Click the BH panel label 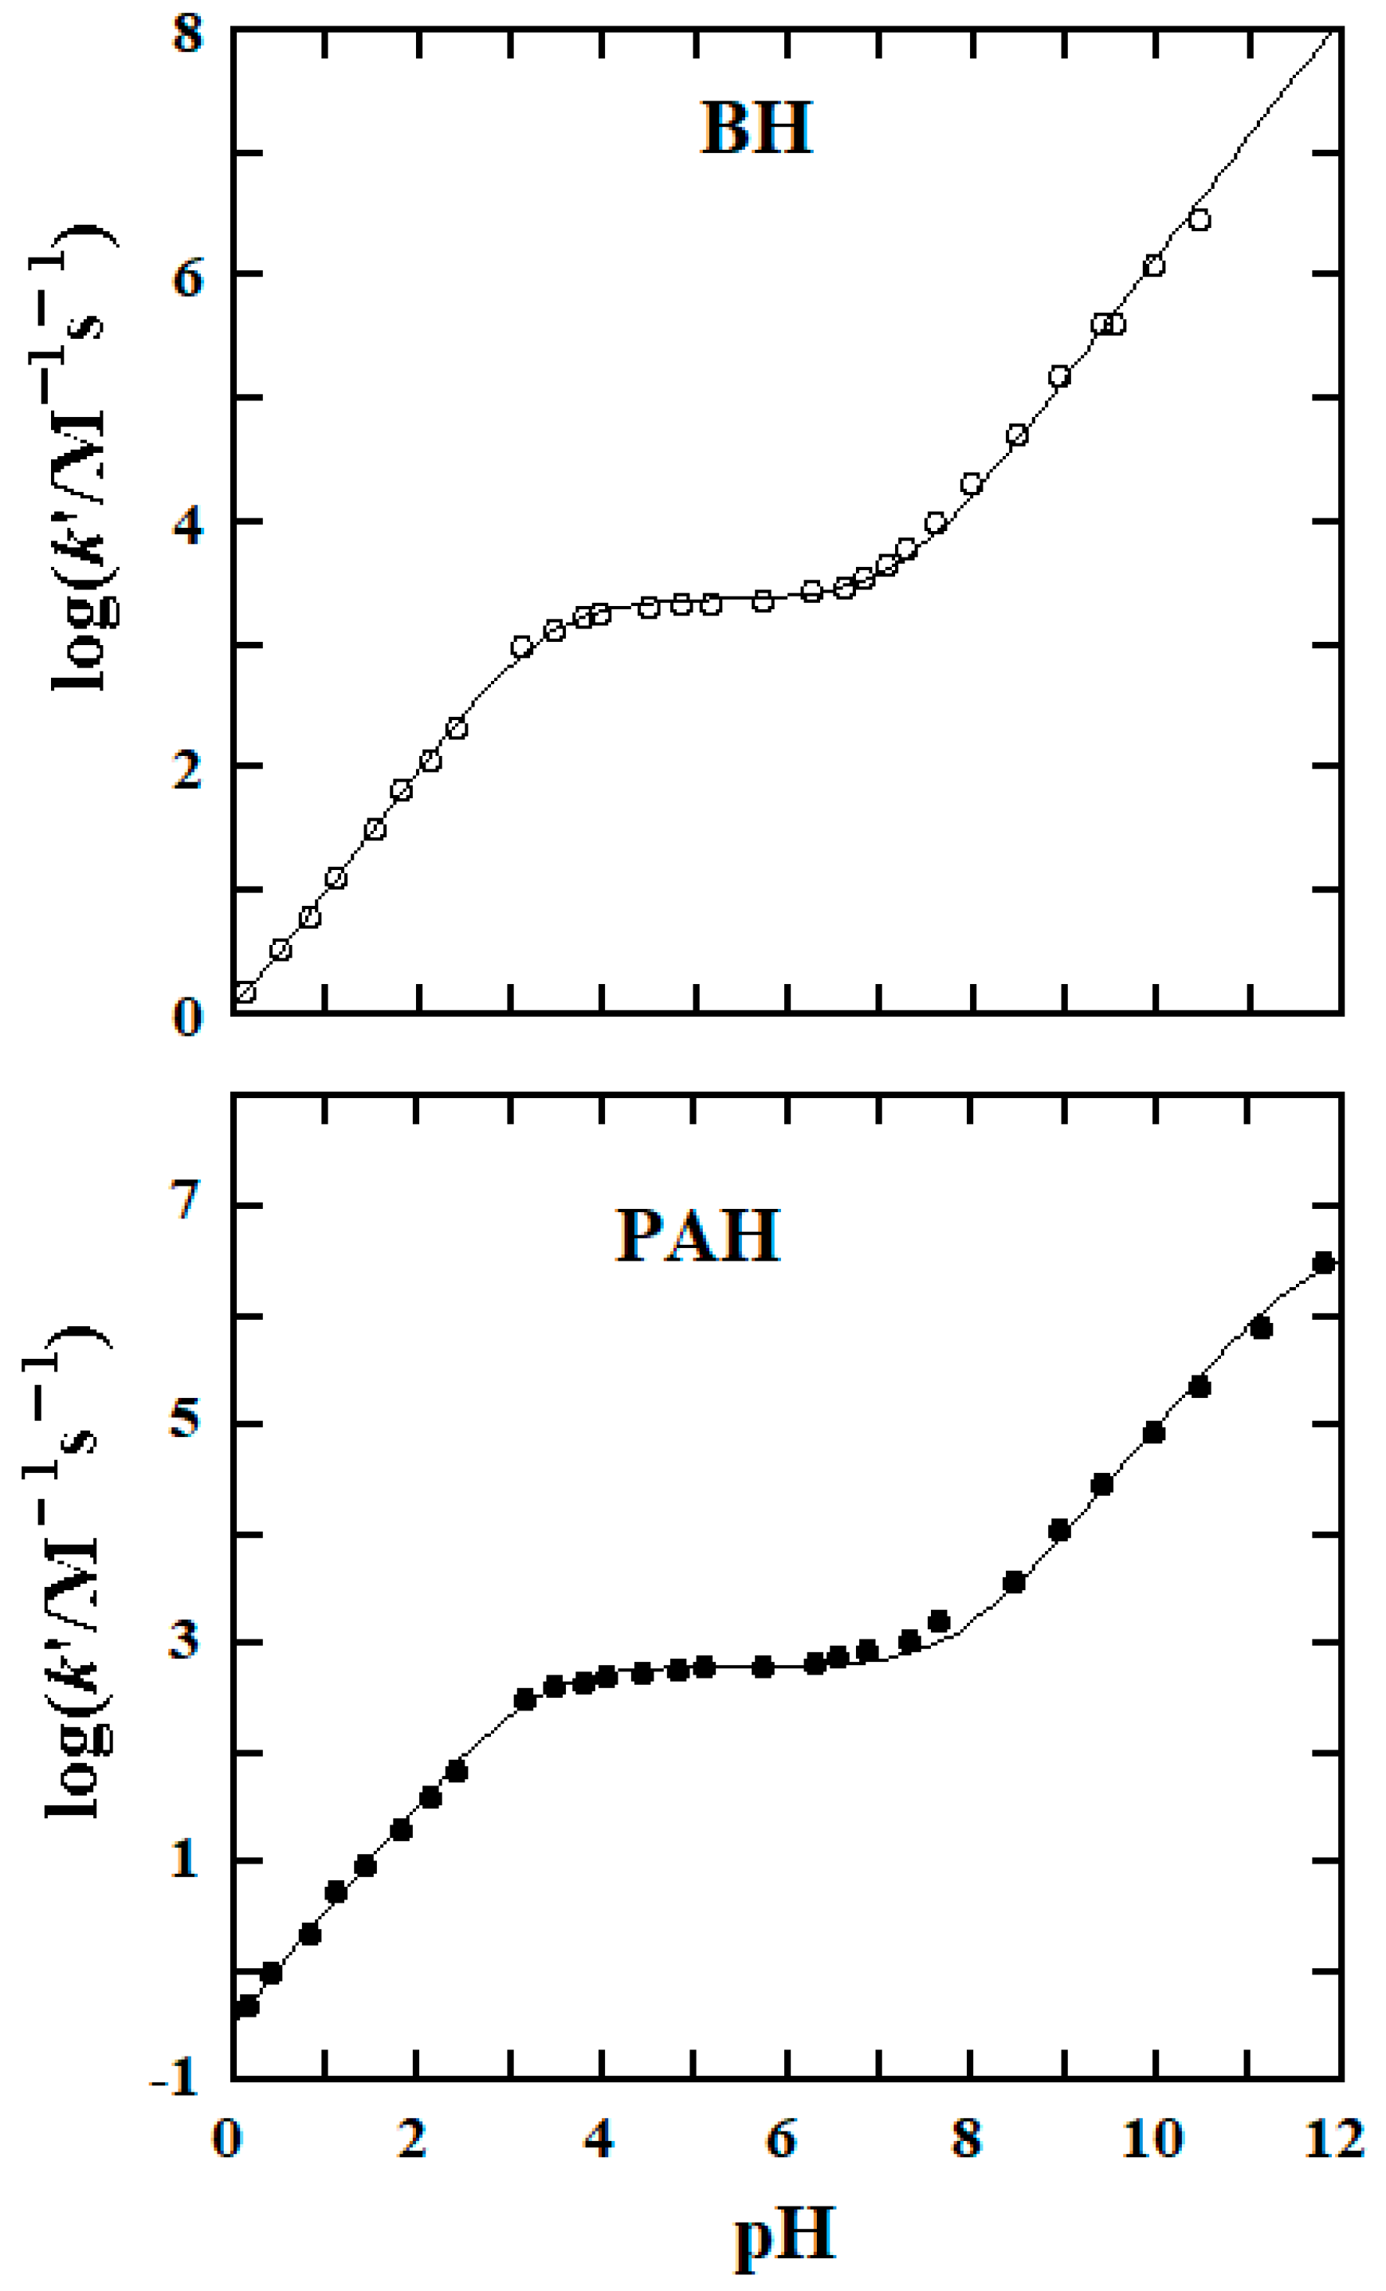pos(756,128)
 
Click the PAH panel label pos(698,1236)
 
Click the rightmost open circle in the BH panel pos(1199,220)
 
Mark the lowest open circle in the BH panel pos(245,992)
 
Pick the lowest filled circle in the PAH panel pos(247,2006)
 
